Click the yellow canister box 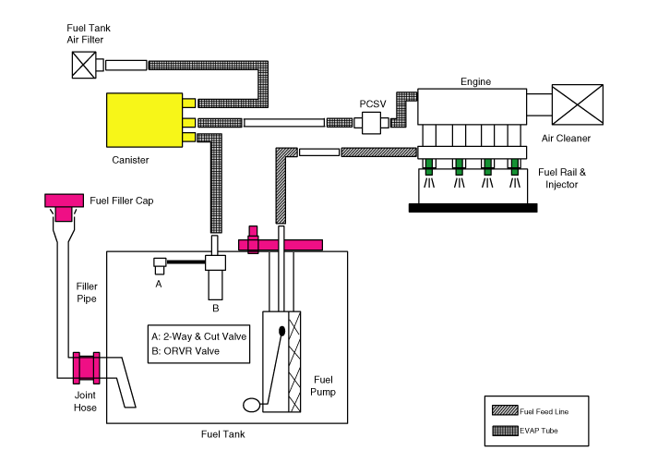[x=144, y=120]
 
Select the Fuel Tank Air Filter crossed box [x=84, y=65]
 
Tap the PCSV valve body [x=371, y=123]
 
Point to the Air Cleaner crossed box [x=578, y=104]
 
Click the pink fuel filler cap [x=64, y=206]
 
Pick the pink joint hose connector [x=86, y=368]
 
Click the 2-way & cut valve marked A [x=160, y=266]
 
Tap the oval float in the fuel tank [x=251, y=405]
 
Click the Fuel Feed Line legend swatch [x=505, y=410]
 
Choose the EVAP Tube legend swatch [x=505, y=431]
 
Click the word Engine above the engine [x=476, y=81]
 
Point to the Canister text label [x=130, y=160]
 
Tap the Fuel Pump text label [x=323, y=385]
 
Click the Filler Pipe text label [x=87, y=292]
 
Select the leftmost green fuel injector [x=429, y=166]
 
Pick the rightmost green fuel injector [x=515, y=166]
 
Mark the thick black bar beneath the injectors [x=473, y=208]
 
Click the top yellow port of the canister [x=189, y=103]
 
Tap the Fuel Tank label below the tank [x=223, y=434]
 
